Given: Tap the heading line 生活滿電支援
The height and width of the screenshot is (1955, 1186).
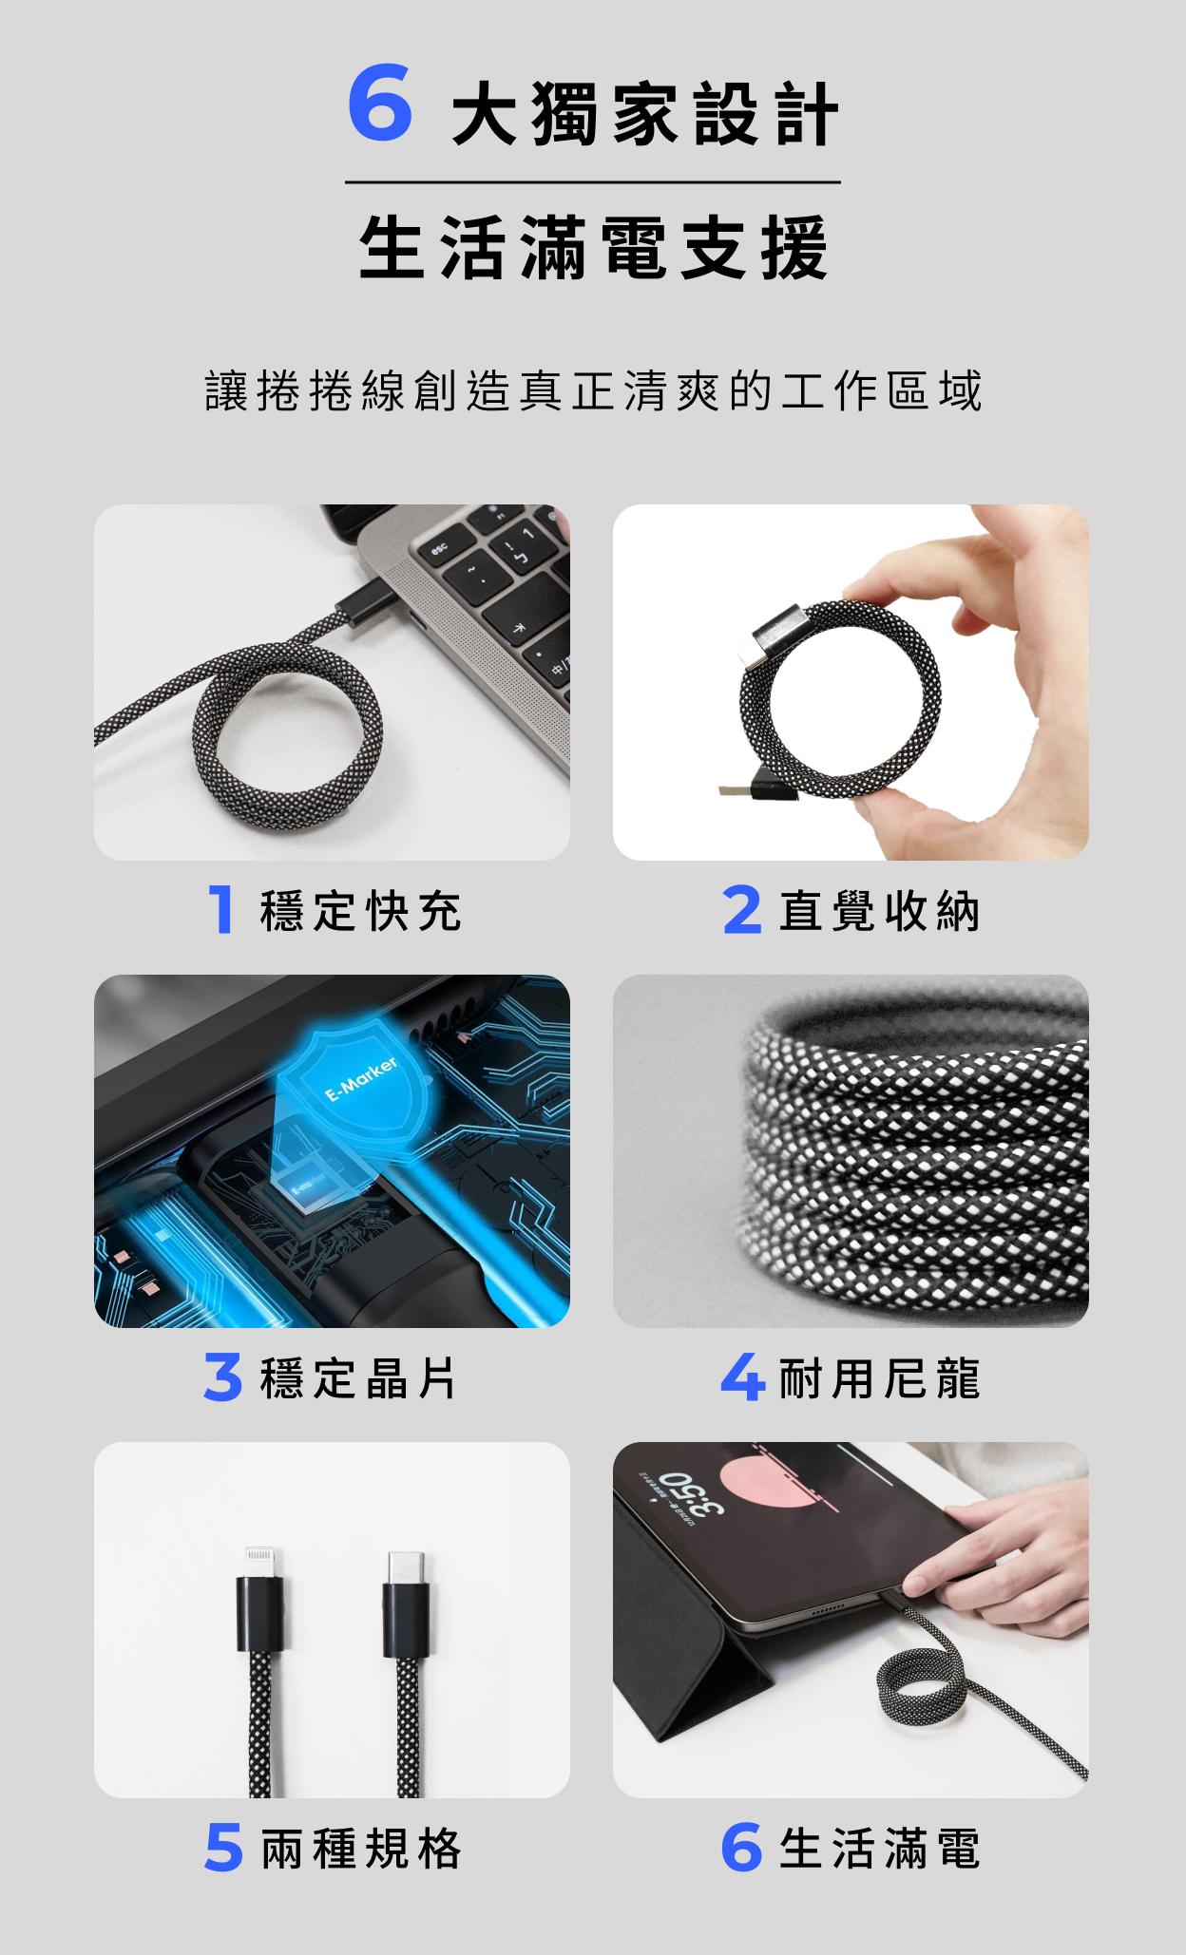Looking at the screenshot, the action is click(x=594, y=249).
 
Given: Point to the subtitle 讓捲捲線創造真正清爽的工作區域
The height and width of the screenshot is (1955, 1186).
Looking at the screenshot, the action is click(x=594, y=391).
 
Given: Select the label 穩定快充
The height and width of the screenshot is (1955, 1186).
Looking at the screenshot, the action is click(x=361, y=911).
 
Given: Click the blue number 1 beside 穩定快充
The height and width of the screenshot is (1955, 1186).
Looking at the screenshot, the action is click(x=220, y=911).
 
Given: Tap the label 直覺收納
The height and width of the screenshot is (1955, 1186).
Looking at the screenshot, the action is click(x=879, y=911).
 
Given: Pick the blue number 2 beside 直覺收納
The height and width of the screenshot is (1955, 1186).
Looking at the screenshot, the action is click(x=741, y=911).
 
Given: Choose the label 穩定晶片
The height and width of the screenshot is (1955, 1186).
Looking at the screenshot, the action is click(x=359, y=1378).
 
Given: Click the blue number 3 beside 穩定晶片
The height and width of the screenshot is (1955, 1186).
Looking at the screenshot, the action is click(x=223, y=1379).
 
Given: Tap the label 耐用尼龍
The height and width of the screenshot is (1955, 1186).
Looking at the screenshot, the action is click(x=879, y=1378).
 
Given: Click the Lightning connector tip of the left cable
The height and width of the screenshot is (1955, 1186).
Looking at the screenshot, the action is click(x=258, y=1560).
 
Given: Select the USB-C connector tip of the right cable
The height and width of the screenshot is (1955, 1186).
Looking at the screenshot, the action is click(x=404, y=1567).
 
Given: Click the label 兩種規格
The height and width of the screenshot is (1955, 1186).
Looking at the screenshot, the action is click(x=361, y=1849).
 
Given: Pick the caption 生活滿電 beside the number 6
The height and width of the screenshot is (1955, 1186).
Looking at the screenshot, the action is click(x=879, y=1849).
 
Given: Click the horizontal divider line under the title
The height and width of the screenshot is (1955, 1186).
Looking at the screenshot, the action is click(x=593, y=182).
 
